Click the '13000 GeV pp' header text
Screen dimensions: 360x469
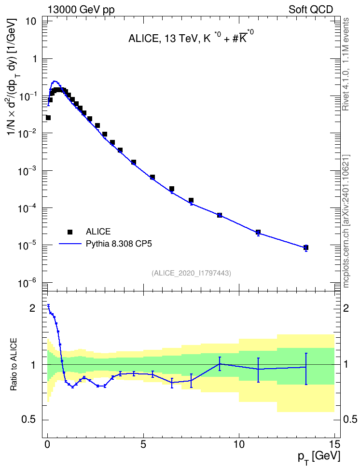point(81,10)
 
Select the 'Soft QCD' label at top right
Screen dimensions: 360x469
point(311,10)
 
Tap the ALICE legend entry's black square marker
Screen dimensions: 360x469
point(70,232)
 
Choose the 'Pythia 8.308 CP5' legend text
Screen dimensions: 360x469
point(119,244)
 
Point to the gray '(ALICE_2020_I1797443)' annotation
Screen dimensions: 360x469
point(191,273)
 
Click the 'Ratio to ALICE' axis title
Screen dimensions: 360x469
point(14,365)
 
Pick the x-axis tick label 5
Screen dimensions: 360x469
point(144,444)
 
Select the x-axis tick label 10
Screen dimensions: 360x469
point(239,444)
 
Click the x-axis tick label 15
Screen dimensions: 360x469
point(334,444)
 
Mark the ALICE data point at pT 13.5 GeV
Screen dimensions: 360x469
point(306,248)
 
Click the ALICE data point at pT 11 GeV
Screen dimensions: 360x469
point(258,232)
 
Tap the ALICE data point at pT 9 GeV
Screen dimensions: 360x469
point(220,215)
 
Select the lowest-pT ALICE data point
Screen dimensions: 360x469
point(48,118)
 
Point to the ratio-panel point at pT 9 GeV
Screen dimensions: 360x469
point(220,364)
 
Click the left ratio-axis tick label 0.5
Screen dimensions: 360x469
point(29,420)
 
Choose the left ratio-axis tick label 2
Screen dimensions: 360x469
point(32,308)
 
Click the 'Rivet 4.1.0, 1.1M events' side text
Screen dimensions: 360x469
point(346,64)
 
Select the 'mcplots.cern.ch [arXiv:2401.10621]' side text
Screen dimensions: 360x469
point(346,221)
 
